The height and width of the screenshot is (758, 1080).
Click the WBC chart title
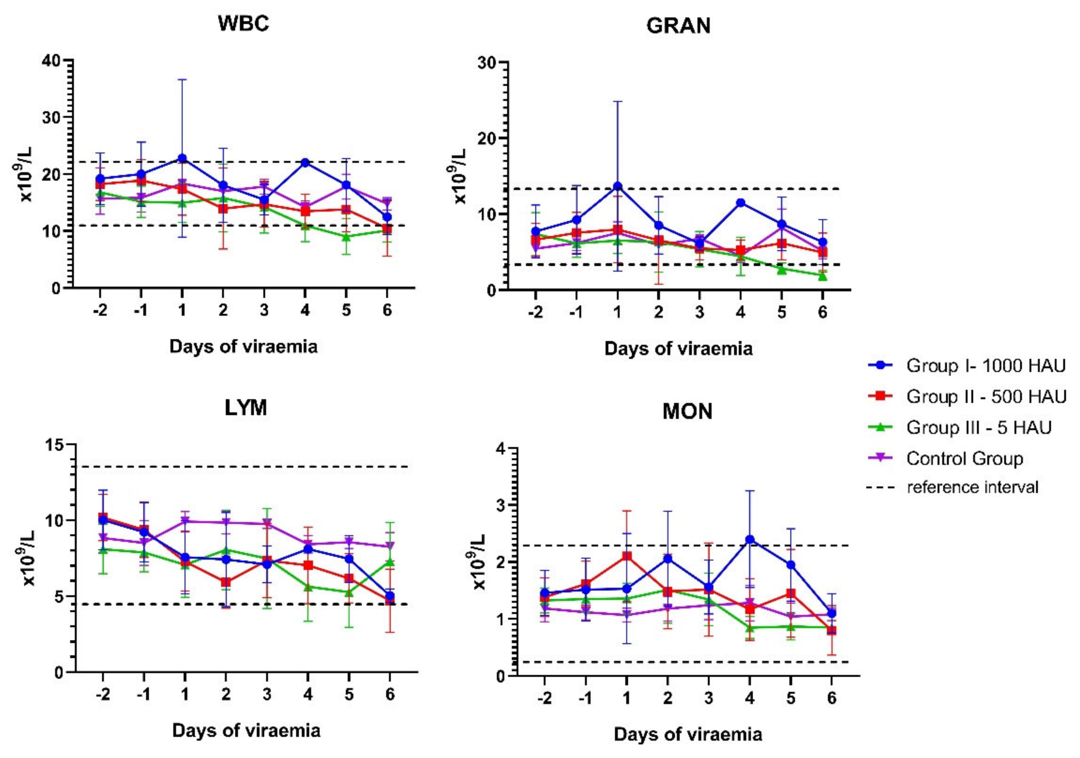243,23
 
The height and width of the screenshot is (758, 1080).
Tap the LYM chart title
245,408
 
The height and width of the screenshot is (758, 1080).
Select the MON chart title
687,412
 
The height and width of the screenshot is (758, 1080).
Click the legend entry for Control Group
964,458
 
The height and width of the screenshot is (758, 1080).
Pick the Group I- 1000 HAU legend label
986,365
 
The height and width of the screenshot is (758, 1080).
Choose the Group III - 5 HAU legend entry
978,427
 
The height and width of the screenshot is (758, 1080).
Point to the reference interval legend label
972,487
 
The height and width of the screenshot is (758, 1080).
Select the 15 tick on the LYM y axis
55,444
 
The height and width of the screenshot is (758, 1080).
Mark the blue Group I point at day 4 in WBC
305,163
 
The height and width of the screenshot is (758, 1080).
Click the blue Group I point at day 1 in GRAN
618,186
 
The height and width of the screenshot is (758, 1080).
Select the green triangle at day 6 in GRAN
822,276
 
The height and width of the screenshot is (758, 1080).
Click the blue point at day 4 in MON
750,539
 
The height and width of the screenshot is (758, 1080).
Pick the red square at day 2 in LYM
226,582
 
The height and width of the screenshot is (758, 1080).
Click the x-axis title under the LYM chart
246,730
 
